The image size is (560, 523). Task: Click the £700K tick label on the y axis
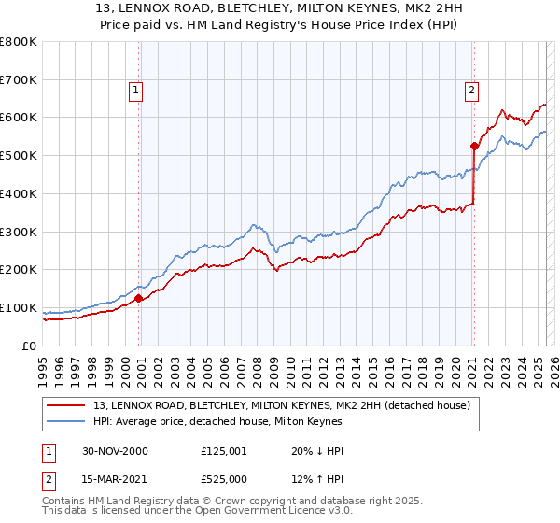pyautogui.click(x=19, y=80)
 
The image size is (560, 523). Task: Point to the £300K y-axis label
pyautogui.click(x=19, y=232)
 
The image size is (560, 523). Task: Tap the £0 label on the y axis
pyautogui.click(x=28, y=346)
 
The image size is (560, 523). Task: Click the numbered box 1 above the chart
pyautogui.click(x=136, y=91)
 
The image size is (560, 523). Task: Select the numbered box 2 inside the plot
pyautogui.click(x=472, y=91)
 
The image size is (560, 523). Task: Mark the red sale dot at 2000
pyautogui.click(x=139, y=298)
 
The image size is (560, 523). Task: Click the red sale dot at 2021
pyautogui.click(x=474, y=146)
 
